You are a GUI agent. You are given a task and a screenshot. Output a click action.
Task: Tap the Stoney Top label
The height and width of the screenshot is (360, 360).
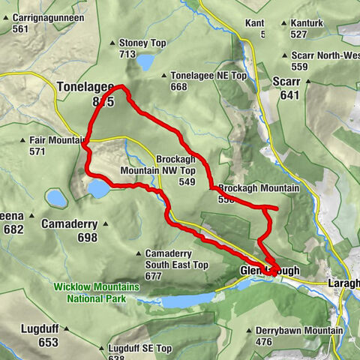pos(141,43)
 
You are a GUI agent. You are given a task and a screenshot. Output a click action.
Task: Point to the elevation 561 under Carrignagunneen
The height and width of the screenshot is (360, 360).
pos(21,29)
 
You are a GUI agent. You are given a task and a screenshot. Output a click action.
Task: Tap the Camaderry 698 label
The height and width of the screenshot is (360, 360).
pos(68,231)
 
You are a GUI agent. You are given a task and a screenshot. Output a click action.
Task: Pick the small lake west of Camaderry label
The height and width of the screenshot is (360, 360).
pos(56,198)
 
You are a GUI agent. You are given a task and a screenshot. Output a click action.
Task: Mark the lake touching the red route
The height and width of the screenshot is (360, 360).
pos(98,188)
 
